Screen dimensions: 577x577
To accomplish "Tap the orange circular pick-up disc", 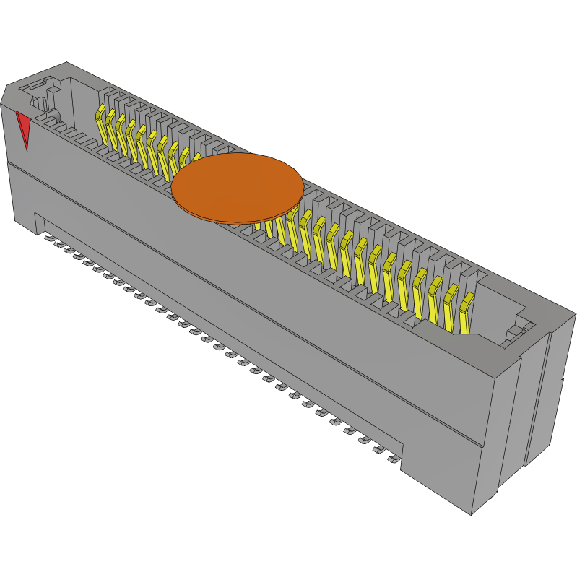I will tap(237, 186).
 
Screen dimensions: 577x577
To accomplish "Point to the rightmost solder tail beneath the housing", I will tap(393, 459).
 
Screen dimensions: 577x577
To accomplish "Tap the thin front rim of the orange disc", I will tap(238, 220).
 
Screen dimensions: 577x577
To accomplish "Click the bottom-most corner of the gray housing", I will tap(471, 514).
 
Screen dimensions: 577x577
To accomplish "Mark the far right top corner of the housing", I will tap(575, 315).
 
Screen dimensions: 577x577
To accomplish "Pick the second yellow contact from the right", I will tap(451, 304).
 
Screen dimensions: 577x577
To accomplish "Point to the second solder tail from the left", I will tap(58, 243).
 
